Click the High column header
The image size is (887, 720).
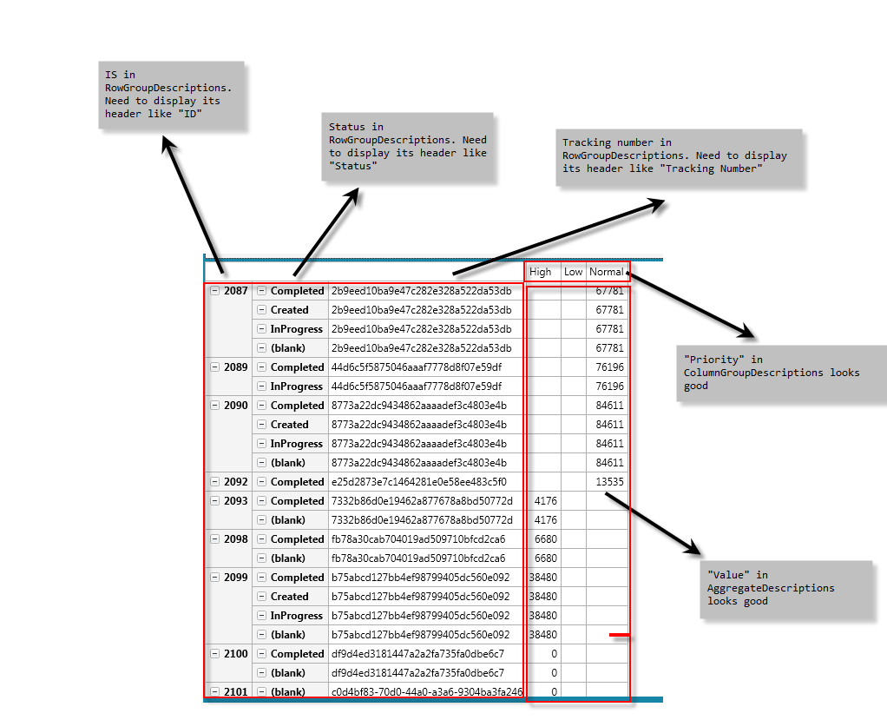coord(540,272)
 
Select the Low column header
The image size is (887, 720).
coord(573,272)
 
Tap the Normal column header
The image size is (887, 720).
coord(606,272)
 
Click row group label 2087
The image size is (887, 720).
coord(236,291)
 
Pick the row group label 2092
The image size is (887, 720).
coord(236,482)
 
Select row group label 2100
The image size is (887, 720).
coord(236,654)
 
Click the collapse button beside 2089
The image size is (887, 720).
coord(215,367)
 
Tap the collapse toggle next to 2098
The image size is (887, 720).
coord(215,539)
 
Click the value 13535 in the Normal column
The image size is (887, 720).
coord(610,482)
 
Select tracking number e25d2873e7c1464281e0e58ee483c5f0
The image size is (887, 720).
coord(419,482)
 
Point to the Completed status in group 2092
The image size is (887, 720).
coord(297,482)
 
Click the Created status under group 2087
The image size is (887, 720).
coord(290,310)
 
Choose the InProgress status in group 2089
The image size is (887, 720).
coord(297,386)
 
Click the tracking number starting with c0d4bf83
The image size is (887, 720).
coord(427,692)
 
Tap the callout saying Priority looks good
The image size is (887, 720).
coord(781,373)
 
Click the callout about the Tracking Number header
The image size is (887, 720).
coord(679,157)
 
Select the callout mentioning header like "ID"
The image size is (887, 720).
coord(171,95)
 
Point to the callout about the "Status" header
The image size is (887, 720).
coord(407,147)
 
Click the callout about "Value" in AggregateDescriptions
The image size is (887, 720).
coord(786,590)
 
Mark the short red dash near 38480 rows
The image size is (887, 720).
coord(620,635)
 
